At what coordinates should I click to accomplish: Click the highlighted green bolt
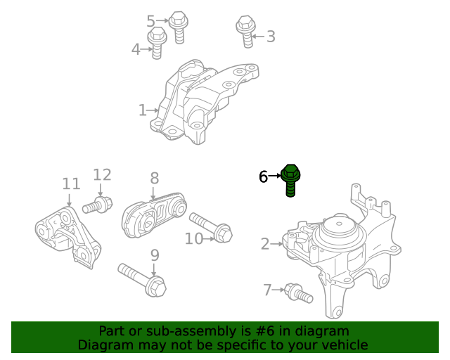(291, 180)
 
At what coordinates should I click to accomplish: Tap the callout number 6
(263, 176)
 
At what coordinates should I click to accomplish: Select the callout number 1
(142, 110)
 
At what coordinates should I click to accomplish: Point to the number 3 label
(270, 37)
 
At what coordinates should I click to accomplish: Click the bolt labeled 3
(245, 32)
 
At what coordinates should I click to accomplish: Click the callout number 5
(150, 22)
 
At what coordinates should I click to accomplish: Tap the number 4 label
(136, 49)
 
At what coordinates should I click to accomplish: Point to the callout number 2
(265, 245)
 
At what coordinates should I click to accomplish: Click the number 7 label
(266, 289)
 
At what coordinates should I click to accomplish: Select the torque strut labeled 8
(153, 215)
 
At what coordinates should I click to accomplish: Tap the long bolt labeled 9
(143, 279)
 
